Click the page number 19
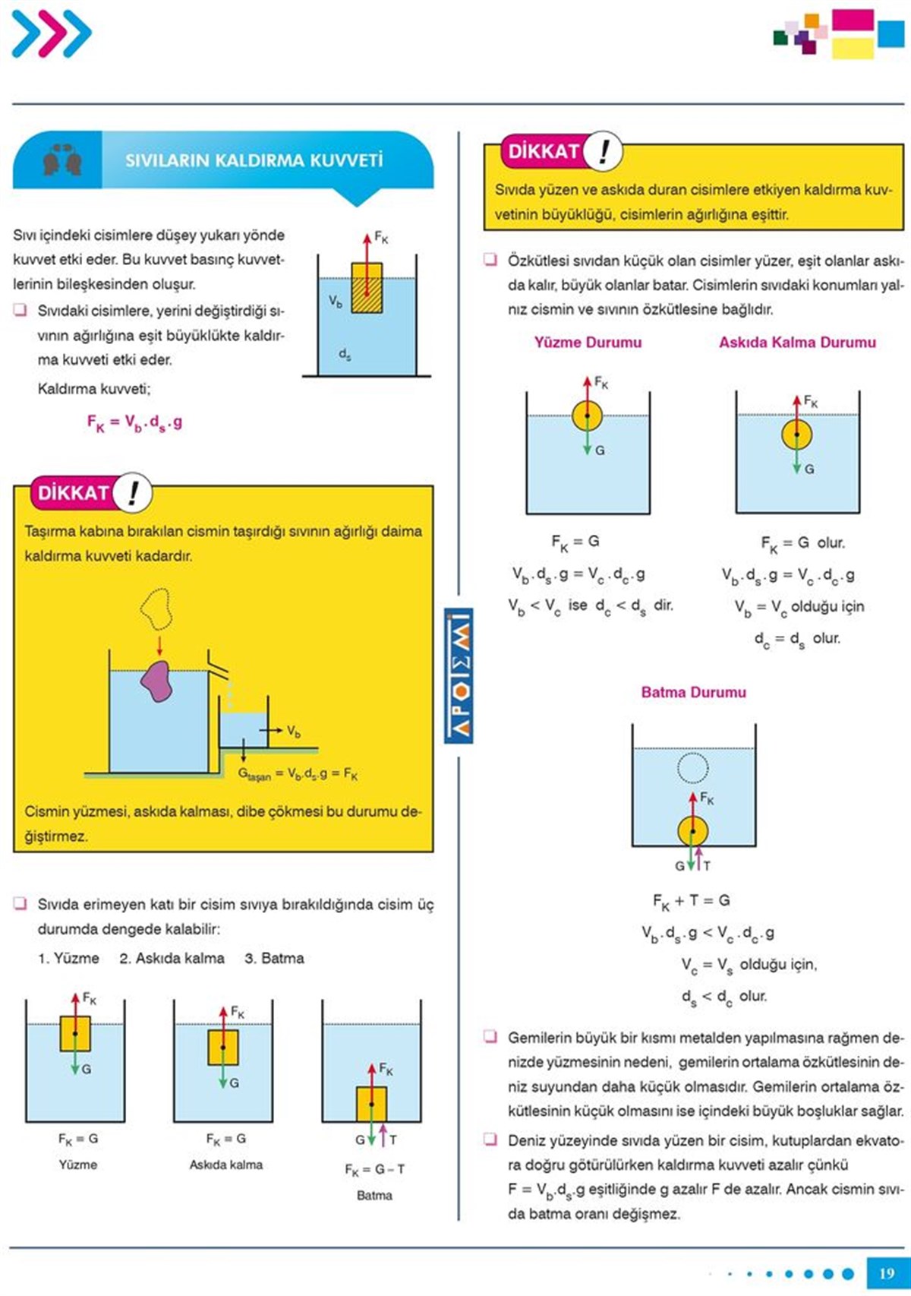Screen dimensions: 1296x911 click(x=886, y=1273)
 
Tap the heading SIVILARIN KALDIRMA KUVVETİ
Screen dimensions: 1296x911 click(x=254, y=160)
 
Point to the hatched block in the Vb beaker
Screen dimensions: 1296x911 click(x=367, y=288)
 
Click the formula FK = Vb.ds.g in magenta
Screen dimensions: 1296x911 click(x=134, y=423)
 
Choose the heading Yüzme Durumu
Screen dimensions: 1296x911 click(x=588, y=343)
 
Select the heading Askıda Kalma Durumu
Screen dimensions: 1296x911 click(x=797, y=343)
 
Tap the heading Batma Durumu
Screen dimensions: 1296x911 click(x=693, y=692)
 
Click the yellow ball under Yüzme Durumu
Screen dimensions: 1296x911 click(x=587, y=416)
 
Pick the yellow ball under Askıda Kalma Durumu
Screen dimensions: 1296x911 click(x=796, y=435)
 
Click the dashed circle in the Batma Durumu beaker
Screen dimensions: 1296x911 click(x=692, y=767)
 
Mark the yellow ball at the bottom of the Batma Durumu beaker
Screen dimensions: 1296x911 click(x=692, y=830)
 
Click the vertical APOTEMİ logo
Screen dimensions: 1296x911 click(x=459, y=675)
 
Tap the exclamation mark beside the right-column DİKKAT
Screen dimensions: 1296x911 click(x=603, y=150)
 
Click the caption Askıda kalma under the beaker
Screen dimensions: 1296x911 click(x=225, y=1165)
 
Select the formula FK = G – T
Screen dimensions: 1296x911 click(x=374, y=1169)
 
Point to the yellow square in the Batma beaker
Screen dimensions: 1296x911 click(x=371, y=1104)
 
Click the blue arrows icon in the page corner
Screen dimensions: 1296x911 click(x=51, y=33)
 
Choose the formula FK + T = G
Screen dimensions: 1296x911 click(x=691, y=901)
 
